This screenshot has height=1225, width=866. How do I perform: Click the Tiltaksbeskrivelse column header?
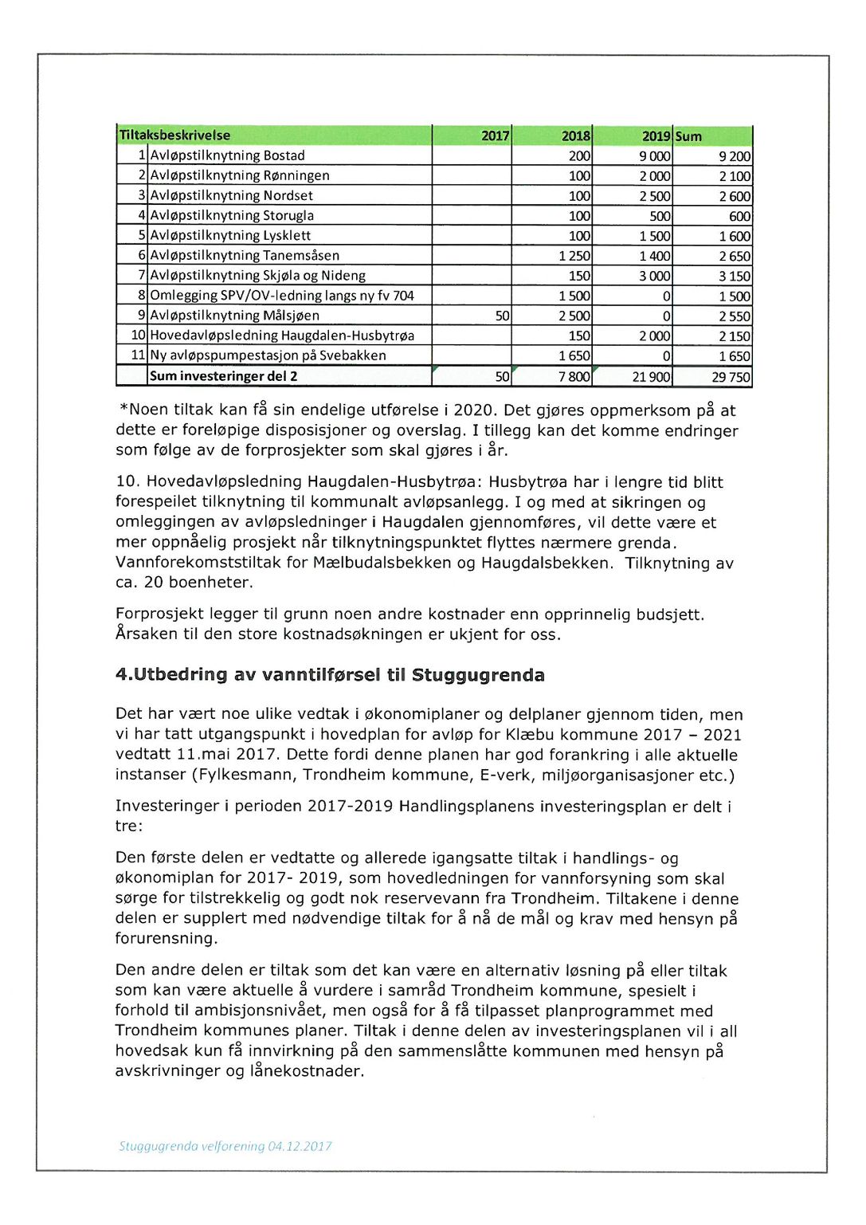pyautogui.click(x=174, y=135)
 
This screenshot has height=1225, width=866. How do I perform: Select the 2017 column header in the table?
pyautogui.click(x=495, y=136)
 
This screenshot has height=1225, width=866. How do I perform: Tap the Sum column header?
pyautogui.click(x=689, y=136)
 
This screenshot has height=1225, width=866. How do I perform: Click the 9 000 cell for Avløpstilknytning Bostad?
pyautogui.click(x=654, y=156)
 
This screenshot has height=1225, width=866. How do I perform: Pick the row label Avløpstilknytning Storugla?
pyautogui.click(x=232, y=215)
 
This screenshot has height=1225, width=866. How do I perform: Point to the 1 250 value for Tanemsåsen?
pyautogui.click(x=574, y=256)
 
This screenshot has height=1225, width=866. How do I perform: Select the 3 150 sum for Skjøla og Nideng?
pyautogui.click(x=735, y=276)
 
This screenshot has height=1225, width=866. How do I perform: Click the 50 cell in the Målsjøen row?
pyautogui.click(x=502, y=316)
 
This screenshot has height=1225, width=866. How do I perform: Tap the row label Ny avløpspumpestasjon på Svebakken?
pyautogui.click(x=268, y=355)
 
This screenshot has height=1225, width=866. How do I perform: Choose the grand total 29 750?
pyautogui.click(x=731, y=377)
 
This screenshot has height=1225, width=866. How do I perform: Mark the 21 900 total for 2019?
pyautogui.click(x=651, y=377)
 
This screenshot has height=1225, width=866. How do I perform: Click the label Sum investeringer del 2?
pyautogui.click(x=223, y=376)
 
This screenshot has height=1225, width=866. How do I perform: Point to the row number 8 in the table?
pyautogui.click(x=142, y=296)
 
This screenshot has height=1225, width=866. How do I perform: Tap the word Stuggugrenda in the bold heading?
pyautogui.click(x=478, y=675)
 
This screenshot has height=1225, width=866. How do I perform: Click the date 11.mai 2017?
pyautogui.click(x=225, y=755)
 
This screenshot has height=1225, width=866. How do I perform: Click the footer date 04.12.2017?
pyautogui.click(x=300, y=1146)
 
